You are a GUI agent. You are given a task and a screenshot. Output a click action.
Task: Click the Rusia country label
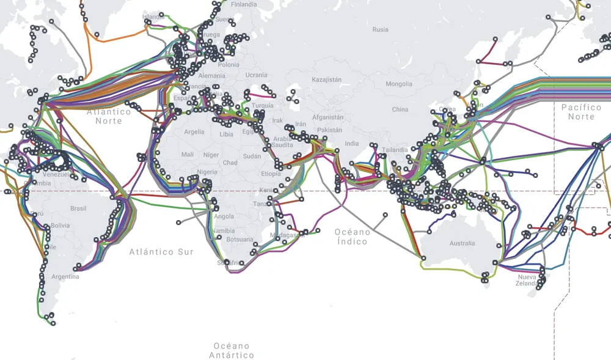click(x=380, y=29)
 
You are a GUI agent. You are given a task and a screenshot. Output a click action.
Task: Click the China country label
click(x=400, y=109)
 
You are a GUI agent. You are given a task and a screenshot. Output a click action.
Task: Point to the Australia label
click(x=462, y=243)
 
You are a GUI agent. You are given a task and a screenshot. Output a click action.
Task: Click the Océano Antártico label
click(x=232, y=350)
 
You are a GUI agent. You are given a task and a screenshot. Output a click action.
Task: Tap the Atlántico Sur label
click(x=161, y=252)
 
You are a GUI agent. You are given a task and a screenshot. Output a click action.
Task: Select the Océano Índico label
click(x=353, y=237)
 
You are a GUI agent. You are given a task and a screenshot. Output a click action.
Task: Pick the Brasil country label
click(x=78, y=208)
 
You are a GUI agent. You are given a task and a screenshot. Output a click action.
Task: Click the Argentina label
click(x=65, y=277)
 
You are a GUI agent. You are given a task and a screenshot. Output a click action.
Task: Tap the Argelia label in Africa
click(x=194, y=132)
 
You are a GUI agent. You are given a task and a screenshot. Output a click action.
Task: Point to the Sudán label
click(x=252, y=156)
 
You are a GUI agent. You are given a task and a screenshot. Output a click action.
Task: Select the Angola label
click(x=224, y=216)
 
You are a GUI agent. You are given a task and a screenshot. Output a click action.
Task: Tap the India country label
click(x=352, y=144)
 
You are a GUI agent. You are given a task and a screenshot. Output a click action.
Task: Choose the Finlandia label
click(x=244, y=4)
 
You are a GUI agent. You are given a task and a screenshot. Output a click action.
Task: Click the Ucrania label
click(x=257, y=75)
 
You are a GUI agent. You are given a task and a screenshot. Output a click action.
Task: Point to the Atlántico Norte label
click(x=109, y=116)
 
